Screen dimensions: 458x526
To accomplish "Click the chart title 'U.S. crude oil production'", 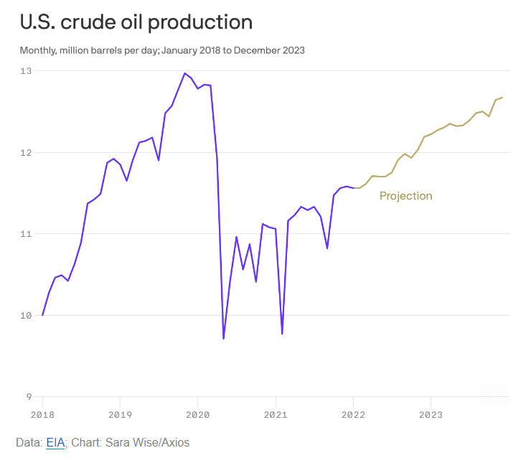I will pyautogui.click(x=136, y=22).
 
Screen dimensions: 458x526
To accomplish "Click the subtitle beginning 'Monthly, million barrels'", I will pyautogui.click(x=162, y=50).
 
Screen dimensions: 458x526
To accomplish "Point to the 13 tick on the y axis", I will pyautogui.click(x=26, y=71).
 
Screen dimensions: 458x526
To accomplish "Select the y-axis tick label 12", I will pyautogui.click(x=26, y=152).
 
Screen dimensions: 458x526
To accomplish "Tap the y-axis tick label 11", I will pyautogui.click(x=26, y=234).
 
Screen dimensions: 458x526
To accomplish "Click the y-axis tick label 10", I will pyautogui.click(x=26, y=315).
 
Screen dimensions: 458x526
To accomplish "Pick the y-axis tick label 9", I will pyautogui.click(x=28, y=396).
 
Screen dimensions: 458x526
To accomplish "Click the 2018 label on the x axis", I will pyautogui.click(x=43, y=414).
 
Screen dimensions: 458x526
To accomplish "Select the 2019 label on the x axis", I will pyautogui.click(x=121, y=414).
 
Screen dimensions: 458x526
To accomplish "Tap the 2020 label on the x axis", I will pyautogui.click(x=198, y=414).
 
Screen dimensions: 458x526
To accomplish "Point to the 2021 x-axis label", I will pyautogui.click(x=276, y=414).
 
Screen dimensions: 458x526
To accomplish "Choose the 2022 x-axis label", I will pyautogui.click(x=353, y=414).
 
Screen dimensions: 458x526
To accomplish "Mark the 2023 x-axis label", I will pyautogui.click(x=431, y=414).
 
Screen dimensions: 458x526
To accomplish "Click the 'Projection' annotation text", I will pyautogui.click(x=405, y=196).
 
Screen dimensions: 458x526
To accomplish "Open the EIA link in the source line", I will pyautogui.click(x=55, y=443).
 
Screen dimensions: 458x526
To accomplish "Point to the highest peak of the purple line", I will pyautogui.click(x=185, y=73).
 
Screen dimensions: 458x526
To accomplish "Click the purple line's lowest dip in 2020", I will pyautogui.click(x=224, y=338).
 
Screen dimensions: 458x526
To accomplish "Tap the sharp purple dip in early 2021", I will pyautogui.click(x=282, y=333).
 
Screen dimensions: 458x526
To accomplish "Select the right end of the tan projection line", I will pyautogui.click(x=502, y=98).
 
